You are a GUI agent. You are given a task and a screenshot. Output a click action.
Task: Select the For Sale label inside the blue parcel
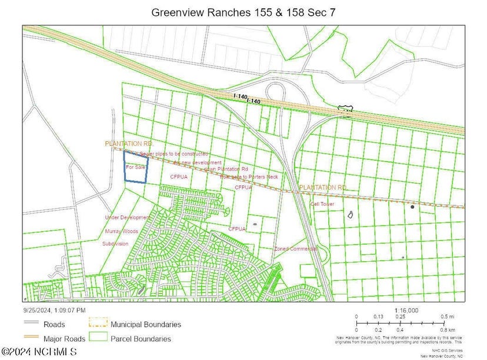135,167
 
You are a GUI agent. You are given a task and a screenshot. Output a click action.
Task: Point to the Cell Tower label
322,204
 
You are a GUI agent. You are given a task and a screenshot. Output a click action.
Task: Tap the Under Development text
128,217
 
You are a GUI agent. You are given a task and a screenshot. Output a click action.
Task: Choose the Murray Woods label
122,231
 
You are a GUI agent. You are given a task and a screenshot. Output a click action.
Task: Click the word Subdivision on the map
115,244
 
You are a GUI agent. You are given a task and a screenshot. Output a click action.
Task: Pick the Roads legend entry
54,324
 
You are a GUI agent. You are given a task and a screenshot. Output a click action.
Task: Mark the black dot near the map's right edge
412,206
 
